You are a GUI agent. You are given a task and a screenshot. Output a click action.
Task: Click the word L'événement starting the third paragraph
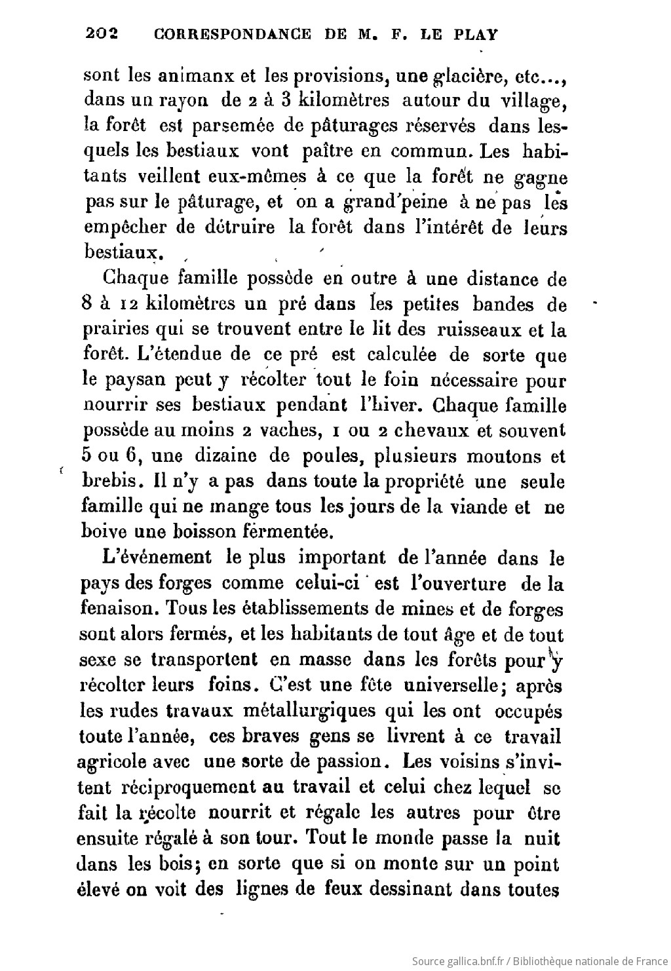pyautogui.click(x=157, y=558)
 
